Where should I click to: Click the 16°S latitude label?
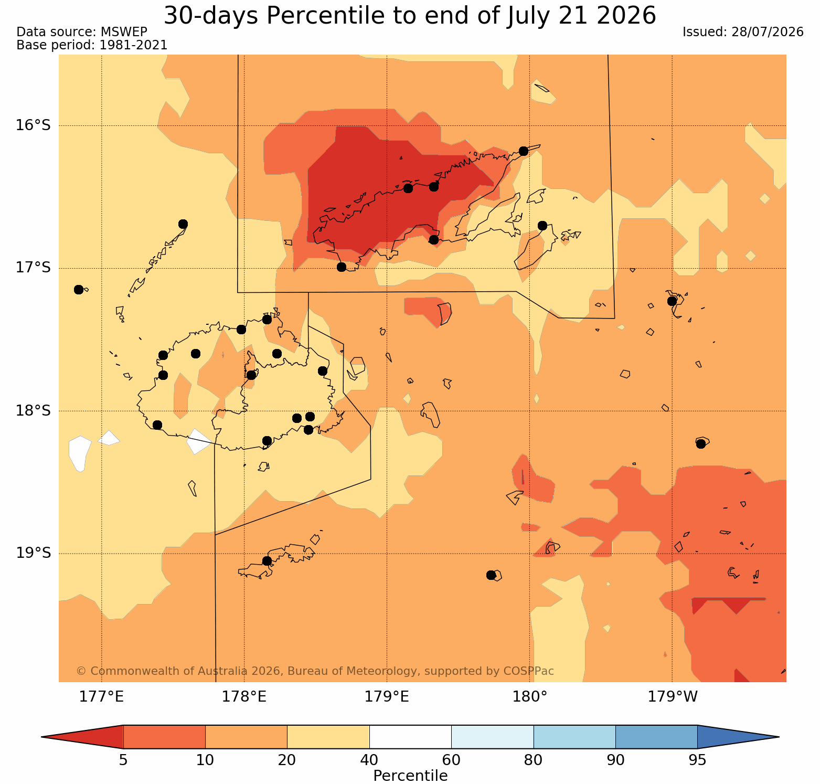[33, 125]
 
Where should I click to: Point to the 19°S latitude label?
[33, 553]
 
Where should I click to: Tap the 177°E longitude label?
[101, 697]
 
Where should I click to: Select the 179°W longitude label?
[673, 697]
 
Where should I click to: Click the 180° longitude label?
[530, 697]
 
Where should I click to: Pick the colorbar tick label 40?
[369, 760]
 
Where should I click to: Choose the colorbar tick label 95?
[697, 760]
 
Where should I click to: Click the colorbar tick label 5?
[123, 760]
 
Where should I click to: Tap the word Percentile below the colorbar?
[410, 776]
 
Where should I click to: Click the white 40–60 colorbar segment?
[410, 737]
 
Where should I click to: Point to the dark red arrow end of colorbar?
[82, 737]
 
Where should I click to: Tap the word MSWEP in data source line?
[127, 32]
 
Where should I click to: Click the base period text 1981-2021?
[133, 45]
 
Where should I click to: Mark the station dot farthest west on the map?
[79, 290]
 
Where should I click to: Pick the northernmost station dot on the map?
[523, 151]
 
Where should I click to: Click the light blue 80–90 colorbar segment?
[574, 737]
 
